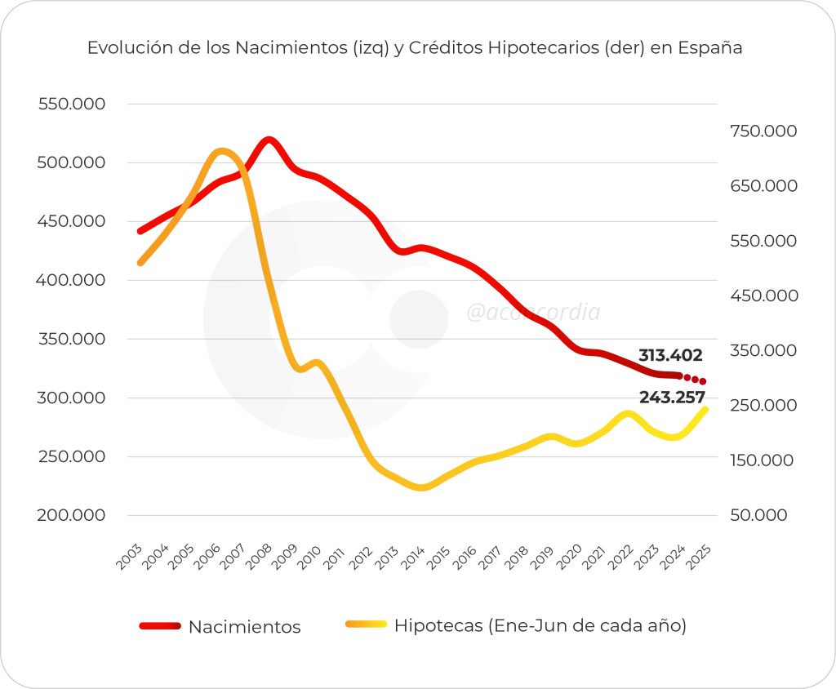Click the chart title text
(x=415, y=47)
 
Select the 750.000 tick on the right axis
(x=763, y=131)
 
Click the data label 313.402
(x=670, y=355)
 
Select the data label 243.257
(x=673, y=397)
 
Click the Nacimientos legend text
(x=244, y=627)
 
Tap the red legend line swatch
(x=158, y=626)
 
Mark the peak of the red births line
(x=269, y=140)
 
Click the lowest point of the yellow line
(x=421, y=487)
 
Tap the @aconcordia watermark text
(x=533, y=313)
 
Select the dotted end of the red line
(x=695, y=380)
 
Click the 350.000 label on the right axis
(x=763, y=351)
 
